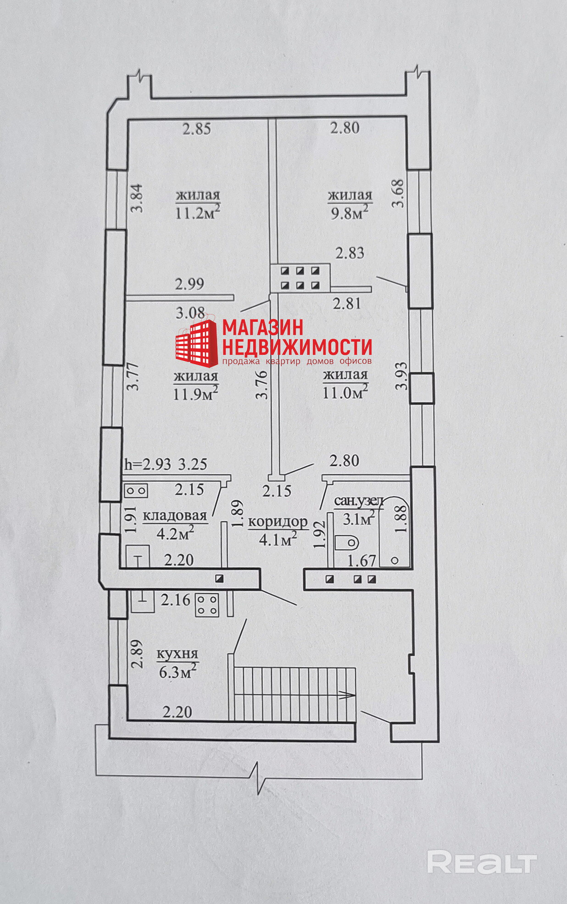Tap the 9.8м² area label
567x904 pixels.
(350, 213)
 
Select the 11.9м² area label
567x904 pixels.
(196, 393)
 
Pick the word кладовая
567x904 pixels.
(175, 516)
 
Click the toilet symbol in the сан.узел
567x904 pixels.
(346, 543)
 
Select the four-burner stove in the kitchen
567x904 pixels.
(207, 605)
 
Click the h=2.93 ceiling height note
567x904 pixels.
(148, 464)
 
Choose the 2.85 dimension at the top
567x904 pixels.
(197, 128)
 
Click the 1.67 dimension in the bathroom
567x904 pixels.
(362, 561)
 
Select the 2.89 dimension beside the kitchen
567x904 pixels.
(136, 654)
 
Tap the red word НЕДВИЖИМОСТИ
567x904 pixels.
(297, 346)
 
